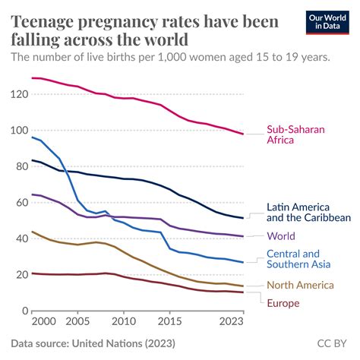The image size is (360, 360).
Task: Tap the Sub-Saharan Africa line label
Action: coord(295,135)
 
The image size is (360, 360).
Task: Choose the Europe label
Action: coord(284,303)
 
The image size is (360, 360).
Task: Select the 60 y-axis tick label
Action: coord(19,203)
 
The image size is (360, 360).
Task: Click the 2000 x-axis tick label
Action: coord(43,323)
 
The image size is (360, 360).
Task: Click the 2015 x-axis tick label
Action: coord(170,323)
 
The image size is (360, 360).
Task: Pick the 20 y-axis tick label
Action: coord(19,275)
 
